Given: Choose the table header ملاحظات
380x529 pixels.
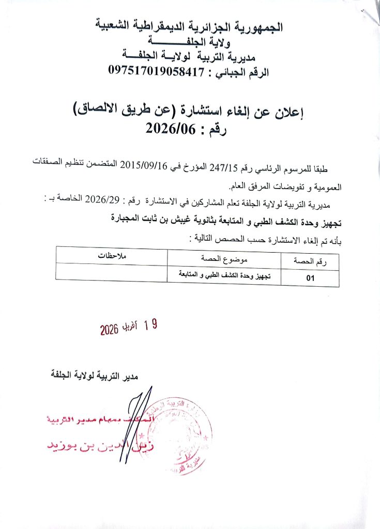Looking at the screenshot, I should coord(112,256).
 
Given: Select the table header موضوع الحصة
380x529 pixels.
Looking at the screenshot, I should coord(224,257).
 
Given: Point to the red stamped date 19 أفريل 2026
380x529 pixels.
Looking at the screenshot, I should coord(128,327).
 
